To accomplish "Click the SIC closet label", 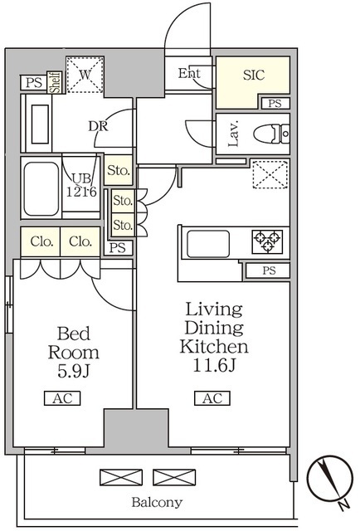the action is [253, 76].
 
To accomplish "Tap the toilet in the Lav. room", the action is [271, 134].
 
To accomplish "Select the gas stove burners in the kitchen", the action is [267, 241].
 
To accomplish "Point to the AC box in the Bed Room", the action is [62, 398].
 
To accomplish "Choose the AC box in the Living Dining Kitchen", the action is [212, 398].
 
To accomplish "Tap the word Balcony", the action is [157, 502].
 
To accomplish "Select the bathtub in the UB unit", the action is [41, 188].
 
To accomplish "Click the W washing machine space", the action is [85, 75].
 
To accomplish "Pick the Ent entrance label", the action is [189, 73].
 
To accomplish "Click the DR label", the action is [98, 126].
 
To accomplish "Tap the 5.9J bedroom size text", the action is [74, 371].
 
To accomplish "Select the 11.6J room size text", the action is [214, 365].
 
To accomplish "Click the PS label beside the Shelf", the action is [34, 83].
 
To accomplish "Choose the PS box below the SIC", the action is [275, 103].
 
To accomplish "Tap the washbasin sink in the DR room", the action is [40, 124].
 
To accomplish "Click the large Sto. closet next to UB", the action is [118, 170].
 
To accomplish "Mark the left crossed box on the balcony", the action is [121, 477].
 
